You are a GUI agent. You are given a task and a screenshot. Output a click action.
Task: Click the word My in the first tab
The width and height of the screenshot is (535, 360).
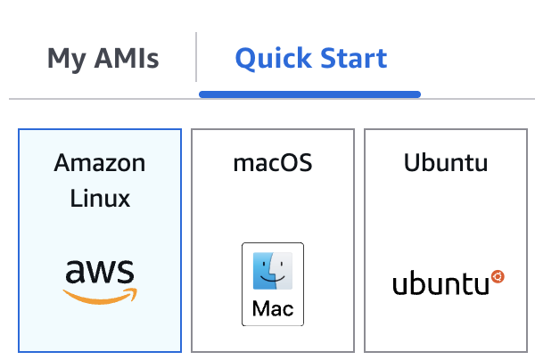pos(65,60)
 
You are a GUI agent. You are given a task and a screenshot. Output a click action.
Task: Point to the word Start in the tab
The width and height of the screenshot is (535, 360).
pos(353,59)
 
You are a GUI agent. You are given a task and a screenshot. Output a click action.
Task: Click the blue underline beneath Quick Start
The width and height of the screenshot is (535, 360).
pos(309,93)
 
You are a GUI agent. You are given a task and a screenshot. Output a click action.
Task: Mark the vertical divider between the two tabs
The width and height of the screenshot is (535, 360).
pos(196,58)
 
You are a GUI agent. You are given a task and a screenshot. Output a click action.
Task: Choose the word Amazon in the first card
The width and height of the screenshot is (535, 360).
pos(100,163)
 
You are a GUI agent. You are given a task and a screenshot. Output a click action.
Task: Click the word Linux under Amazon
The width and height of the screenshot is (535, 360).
pos(100,198)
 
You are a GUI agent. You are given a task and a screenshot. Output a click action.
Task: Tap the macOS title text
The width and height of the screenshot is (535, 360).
pos(273,163)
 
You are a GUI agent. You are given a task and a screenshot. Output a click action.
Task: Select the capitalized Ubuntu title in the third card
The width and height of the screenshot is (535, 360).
pos(446,163)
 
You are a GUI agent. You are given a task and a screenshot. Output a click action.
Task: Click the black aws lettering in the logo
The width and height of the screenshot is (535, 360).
pos(100,271)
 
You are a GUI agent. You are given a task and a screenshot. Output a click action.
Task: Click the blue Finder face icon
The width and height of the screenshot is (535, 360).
pos(273,271)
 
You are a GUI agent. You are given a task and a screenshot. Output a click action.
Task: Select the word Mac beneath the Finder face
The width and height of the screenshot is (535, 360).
pos(273,309)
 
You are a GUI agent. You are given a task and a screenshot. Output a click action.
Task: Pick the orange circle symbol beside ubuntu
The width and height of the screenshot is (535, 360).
pos(498,277)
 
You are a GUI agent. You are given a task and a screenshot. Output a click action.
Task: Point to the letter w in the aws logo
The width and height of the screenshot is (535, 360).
pos(100,272)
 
